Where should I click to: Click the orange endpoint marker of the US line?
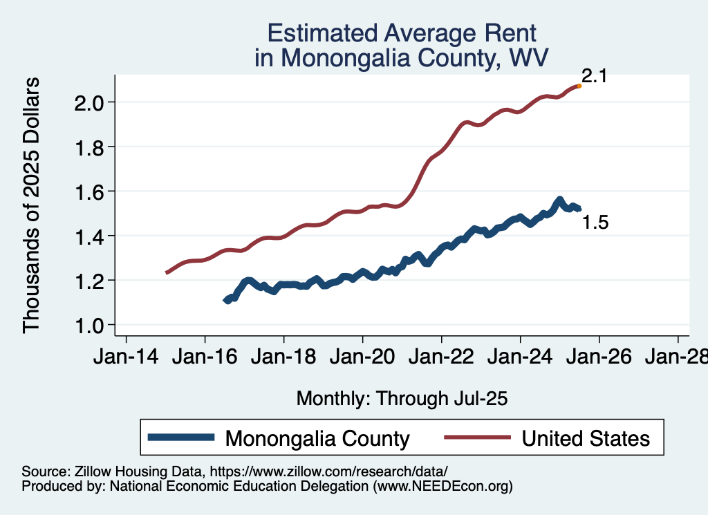[x=579, y=86]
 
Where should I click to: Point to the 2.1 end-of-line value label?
[x=593, y=76]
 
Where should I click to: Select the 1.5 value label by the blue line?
[x=595, y=223]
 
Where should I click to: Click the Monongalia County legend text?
[x=317, y=438]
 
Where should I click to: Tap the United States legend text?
[x=586, y=438]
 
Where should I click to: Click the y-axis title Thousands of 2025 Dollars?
[x=32, y=205]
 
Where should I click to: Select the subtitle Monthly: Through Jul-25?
[x=402, y=398]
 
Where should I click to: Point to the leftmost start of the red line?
[x=167, y=273]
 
